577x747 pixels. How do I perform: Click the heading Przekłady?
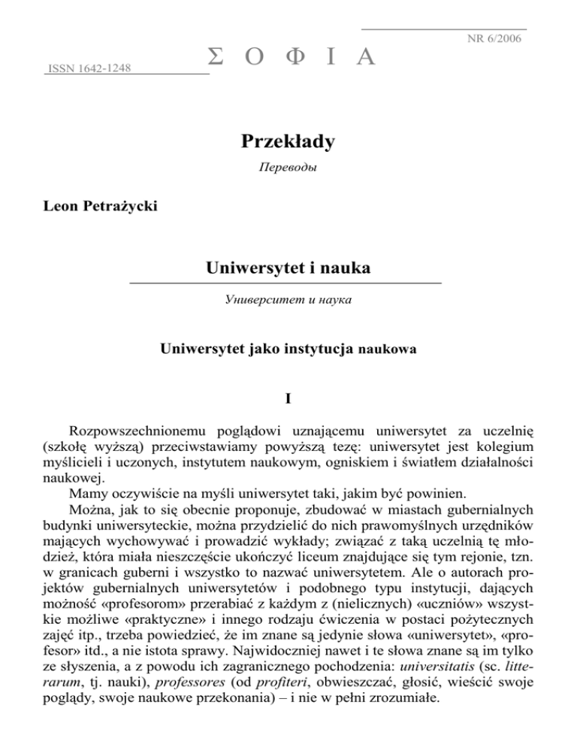[288, 141]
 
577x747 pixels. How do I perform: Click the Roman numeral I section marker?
[288, 399]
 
